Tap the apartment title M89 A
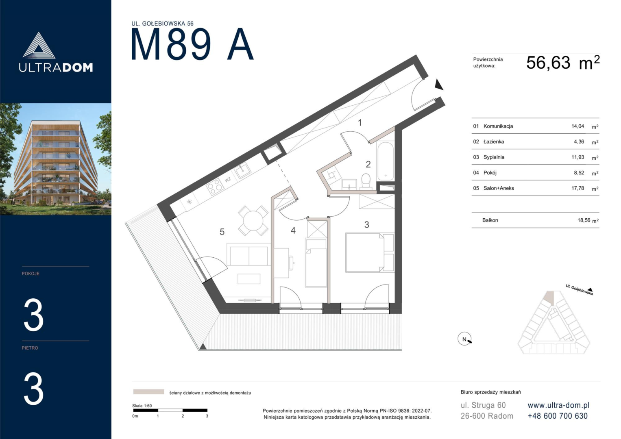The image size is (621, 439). pyautogui.click(x=192, y=44)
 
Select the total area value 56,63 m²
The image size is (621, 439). pyautogui.click(x=563, y=63)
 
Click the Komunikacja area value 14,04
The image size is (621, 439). pyautogui.click(x=578, y=126)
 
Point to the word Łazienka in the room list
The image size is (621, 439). pyautogui.click(x=494, y=141)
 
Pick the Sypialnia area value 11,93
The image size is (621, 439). pyautogui.click(x=578, y=157)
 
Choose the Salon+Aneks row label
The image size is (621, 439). pyautogui.click(x=499, y=188)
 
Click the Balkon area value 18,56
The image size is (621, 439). pyautogui.click(x=584, y=220)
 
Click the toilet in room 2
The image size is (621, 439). pyautogui.click(x=366, y=182)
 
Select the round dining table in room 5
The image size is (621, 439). pyautogui.click(x=253, y=221)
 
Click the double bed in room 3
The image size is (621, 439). pyautogui.click(x=370, y=252)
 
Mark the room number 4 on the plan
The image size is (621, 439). pyautogui.click(x=293, y=230)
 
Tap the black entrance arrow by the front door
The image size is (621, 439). pyautogui.click(x=439, y=85)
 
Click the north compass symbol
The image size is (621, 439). pyautogui.click(x=465, y=339)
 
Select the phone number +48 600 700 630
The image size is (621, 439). pyautogui.click(x=558, y=416)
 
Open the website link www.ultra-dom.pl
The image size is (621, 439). pyautogui.click(x=558, y=405)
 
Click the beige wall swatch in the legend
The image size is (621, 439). pyautogui.click(x=148, y=392)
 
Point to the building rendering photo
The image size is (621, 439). pyautogui.click(x=56, y=159)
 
